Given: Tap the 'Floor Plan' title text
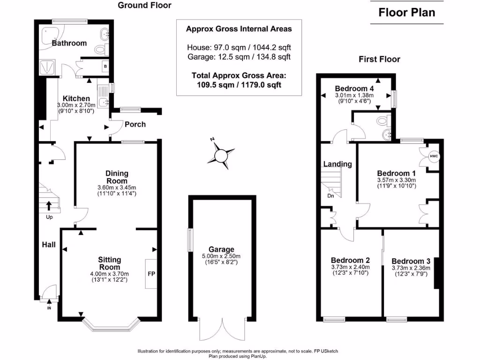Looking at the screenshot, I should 406,13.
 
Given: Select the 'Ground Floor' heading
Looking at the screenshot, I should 144,6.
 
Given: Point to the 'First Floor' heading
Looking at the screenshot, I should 379,59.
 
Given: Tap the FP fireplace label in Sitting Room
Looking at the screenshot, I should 151,273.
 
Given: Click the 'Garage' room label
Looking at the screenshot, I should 222,249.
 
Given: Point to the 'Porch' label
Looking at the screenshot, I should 135,124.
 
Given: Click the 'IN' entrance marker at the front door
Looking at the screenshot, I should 49,308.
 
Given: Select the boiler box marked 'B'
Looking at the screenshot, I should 105,67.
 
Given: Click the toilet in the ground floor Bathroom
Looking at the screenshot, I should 100,49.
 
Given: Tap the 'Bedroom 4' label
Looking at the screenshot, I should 354,89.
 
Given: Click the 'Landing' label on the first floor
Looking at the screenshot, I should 337,164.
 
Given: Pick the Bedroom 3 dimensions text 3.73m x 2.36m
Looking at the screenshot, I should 411,268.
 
